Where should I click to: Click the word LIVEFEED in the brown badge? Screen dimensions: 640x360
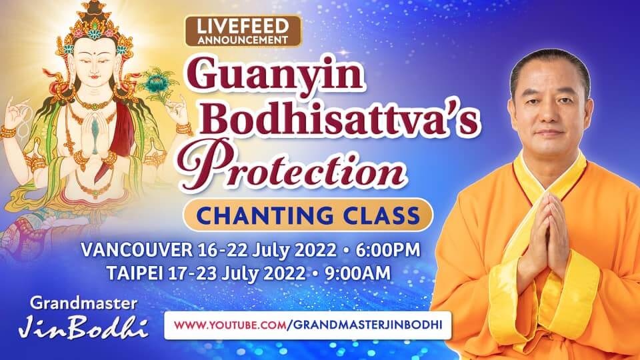pyautogui.click(x=243, y=27)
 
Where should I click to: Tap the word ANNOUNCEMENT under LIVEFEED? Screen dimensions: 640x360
pyautogui.click(x=243, y=40)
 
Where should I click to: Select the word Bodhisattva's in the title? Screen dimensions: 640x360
pyautogui.click(x=339, y=119)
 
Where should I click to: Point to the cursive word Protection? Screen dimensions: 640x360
pyautogui.click(x=292, y=165)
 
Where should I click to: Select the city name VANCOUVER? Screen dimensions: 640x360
pyautogui.click(x=136, y=250)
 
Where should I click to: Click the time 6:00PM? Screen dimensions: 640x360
pyautogui.click(x=388, y=250)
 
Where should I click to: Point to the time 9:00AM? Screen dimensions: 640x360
pyautogui.click(x=357, y=273)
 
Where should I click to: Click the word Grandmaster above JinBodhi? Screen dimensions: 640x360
pyautogui.click(x=83, y=303)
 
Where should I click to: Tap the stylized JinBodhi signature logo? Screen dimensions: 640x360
pyautogui.click(x=83, y=327)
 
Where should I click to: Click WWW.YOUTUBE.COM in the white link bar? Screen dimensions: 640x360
pyautogui.click(x=230, y=325)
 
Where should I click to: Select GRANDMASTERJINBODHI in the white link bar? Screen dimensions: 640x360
pyautogui.click(x=367, y=325)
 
